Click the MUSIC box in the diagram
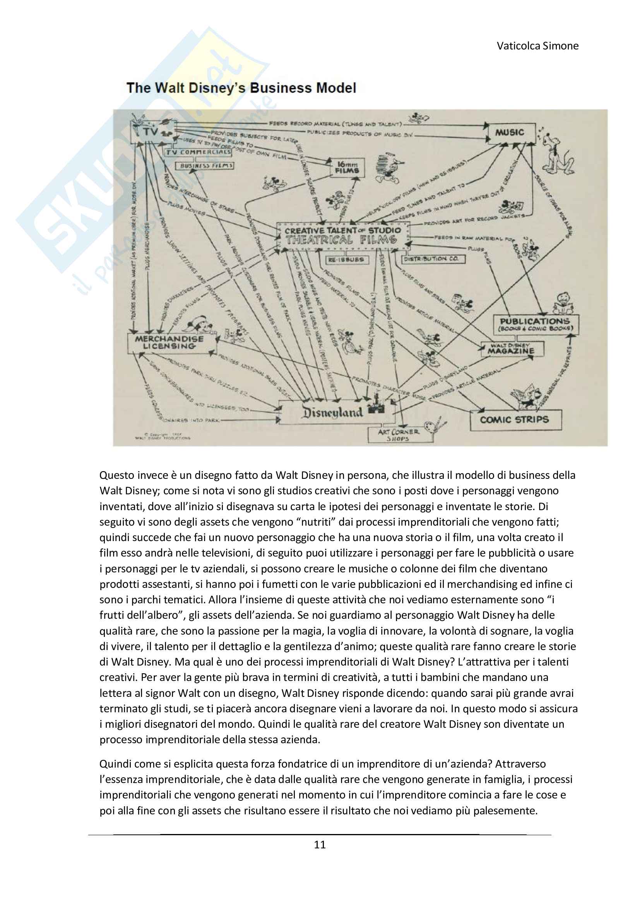tap(511, 133)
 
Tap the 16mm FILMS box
tap(347, 168)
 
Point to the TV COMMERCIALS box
tap(198, 152)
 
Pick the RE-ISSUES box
tap(346, 260)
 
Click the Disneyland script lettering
tap(332, 412)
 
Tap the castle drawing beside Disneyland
tap(375, 406)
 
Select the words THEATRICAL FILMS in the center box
tap(341, 240)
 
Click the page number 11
tap(320, 844)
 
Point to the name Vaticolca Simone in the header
tap(537, 46)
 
